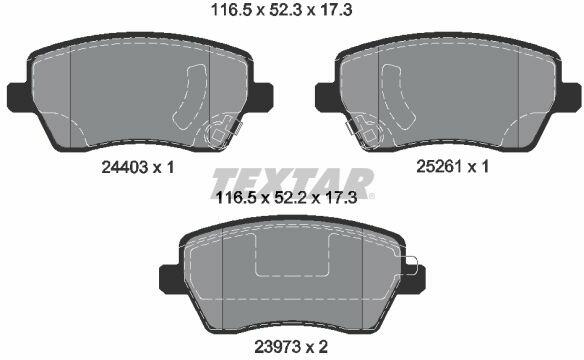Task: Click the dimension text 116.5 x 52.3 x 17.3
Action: pyautogui.click(x=281, y=10)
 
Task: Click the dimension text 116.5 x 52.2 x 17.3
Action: pyautogui.click(x=286, y=197)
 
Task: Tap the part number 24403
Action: pyautogui.click(x=124, y=168)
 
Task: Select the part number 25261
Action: pyautogui.click(x=439, y=166)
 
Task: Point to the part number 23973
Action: pyautogui.click(x=277, y=347)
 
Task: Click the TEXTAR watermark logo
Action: pyautogui.click(x=293, y=184)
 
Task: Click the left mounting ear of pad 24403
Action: pyautogui.click(x=18, y=96)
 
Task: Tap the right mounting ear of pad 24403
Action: pyautogui.click(x=263, y=96)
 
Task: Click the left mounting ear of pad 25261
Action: pyautogui.click(x=326, y=96)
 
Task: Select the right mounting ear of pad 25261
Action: pyautogui.click(x=571, y=96)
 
